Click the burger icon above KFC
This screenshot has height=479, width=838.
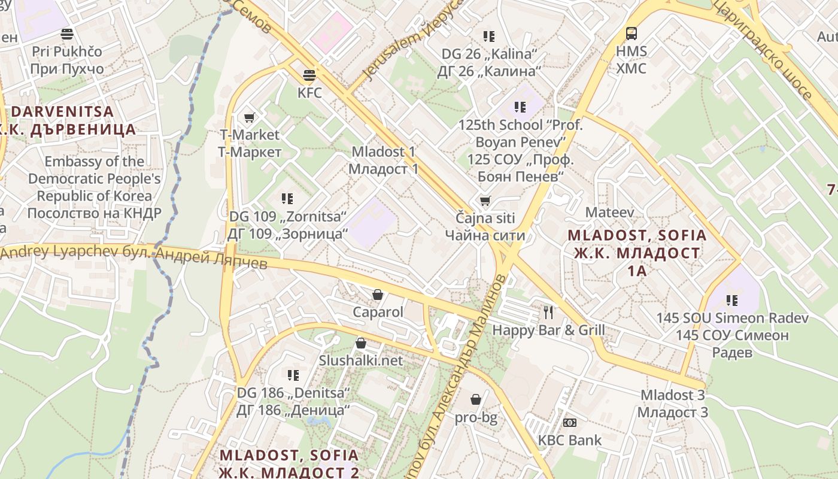[309, 75]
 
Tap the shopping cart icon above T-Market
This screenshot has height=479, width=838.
[250, 117]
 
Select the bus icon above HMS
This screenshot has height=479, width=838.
[631, 34]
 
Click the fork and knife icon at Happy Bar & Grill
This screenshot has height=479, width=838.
[548, 312]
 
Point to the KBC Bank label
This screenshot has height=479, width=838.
[569, 440]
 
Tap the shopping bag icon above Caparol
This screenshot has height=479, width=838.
[378, 295]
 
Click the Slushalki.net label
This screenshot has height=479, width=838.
[361, 360]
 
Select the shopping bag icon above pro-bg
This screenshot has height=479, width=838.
[476, 399]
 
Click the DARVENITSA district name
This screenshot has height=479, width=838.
[62, 111]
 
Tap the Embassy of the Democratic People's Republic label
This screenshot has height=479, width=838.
[94, 178]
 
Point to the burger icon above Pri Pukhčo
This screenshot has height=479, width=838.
[67, 34]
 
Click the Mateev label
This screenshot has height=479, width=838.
[609, 212]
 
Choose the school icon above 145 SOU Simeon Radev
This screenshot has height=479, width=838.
[731, 300]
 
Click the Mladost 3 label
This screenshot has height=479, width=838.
[672, 395]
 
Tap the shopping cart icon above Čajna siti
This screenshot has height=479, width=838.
[485, 201]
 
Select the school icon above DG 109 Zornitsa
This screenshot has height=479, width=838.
[287, 198]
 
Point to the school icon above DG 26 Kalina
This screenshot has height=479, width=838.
[489, 37]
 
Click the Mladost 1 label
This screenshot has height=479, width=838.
[384, 152]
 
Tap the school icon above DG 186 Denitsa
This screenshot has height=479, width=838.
[293, 375]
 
